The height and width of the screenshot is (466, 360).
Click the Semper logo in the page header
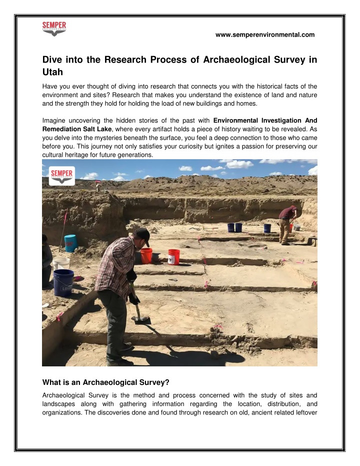click(x=54, y=29)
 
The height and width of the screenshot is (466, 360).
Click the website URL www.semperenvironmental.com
click(x=264, y=35)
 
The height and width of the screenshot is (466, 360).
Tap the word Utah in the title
click(x=52, y=72)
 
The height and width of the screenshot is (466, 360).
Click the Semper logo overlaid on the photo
click(x=62, y=176)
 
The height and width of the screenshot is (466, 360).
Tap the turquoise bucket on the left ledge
click(x=70, y=243)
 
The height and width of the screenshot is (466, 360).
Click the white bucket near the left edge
click(x=61, y=264)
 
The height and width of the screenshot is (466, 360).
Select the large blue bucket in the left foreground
click(x=63, y=282)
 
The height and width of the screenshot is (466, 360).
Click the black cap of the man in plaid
click(x=143, y=233)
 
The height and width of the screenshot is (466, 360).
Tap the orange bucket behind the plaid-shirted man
click(x=146, y=255)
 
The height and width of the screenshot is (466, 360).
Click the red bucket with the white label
click(x=174, y=257)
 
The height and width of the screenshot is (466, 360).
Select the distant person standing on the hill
click(x=98, y=186)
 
